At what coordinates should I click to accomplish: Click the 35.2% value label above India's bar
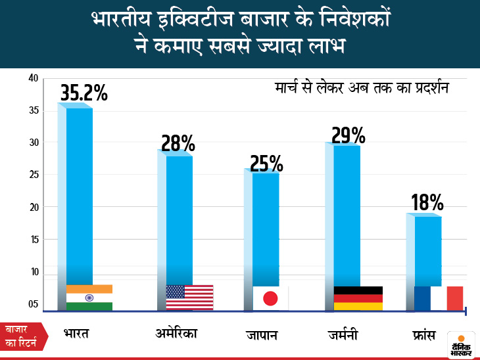tap(84, 93)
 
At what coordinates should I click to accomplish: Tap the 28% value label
tap(178, 143)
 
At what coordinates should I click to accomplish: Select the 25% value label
tap(266, 162)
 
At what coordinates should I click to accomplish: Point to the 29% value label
tap(348, 135)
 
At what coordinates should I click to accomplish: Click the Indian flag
tap(89, 297)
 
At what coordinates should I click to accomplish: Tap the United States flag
tap(189, 297)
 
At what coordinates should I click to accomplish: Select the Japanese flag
tap(270, 298)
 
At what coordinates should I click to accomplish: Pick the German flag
tap(358, 298)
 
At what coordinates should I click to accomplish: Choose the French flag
tap(439, 298)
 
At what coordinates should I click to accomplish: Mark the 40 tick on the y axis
tap(34, 79)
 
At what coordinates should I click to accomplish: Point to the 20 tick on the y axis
tap(34, 208)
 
